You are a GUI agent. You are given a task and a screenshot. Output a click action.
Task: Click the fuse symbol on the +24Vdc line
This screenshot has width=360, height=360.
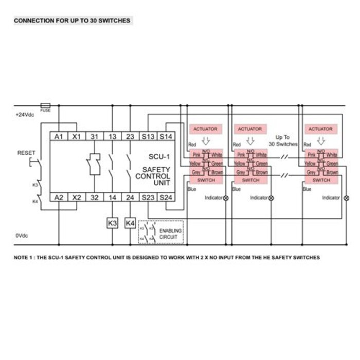pos(45,104)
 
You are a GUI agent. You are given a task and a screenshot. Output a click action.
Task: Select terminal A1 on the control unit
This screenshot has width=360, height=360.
pos(59,136)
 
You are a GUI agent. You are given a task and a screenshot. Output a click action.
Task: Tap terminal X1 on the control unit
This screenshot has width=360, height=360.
pos(77,136)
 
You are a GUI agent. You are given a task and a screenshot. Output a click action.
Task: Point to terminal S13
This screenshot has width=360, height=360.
pos(148,136)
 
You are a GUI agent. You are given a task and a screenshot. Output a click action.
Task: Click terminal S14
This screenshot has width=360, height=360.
pos(166,136)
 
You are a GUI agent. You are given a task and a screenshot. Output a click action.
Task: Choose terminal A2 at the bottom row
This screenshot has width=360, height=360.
pos(59,197)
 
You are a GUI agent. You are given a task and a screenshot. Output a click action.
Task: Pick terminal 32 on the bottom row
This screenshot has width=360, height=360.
pos(94,197)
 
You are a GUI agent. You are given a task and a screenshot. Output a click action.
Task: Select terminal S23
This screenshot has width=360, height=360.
pos(148,197)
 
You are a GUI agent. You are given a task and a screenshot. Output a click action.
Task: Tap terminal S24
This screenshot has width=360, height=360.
pos(166,197)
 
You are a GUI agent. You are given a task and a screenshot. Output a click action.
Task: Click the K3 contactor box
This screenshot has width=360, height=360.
pos(112,224)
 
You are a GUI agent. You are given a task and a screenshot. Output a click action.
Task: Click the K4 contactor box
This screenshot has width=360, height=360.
pos(130,224)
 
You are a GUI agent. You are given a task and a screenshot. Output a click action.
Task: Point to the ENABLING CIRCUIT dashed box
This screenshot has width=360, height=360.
pos(161,231)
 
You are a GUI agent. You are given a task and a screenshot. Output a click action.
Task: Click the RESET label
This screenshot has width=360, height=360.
pos(26,153)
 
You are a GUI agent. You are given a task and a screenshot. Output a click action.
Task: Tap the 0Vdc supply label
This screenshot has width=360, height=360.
pos(22,235)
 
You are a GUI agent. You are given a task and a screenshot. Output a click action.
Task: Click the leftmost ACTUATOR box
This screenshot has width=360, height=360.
pos(205,129)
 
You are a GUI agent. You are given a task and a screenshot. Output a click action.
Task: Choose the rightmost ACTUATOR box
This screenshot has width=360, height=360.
pos(320,129)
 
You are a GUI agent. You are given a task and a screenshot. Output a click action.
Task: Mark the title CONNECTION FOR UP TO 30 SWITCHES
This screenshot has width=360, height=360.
pos(71,21)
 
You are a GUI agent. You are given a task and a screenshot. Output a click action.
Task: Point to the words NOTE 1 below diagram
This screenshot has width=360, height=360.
pos(25,257)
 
